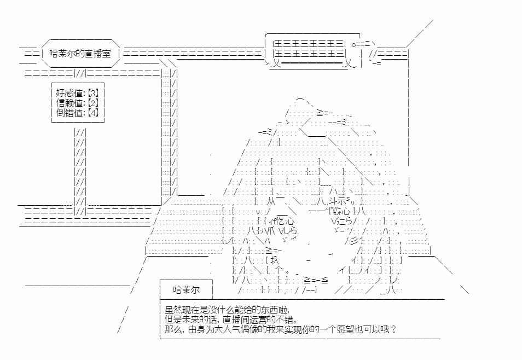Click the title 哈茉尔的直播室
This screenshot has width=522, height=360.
(x=80, y=54)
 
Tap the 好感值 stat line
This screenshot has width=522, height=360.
(x=77, y=93)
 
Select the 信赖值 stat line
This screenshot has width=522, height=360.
(x=77, y=102)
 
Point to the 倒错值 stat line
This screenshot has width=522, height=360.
(x=77, y=112)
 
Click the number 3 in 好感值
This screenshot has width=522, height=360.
(x=94, y=93)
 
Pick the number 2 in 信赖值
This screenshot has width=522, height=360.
(x=94, y=102)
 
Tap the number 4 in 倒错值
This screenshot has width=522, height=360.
(x=94, y=112)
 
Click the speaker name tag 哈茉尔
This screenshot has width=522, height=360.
(x=187, y=290)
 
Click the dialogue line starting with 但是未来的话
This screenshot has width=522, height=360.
(x=231, y=320)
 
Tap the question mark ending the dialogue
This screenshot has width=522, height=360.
(x=394, y=330)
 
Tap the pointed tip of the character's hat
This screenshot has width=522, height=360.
(x=299, y=98)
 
